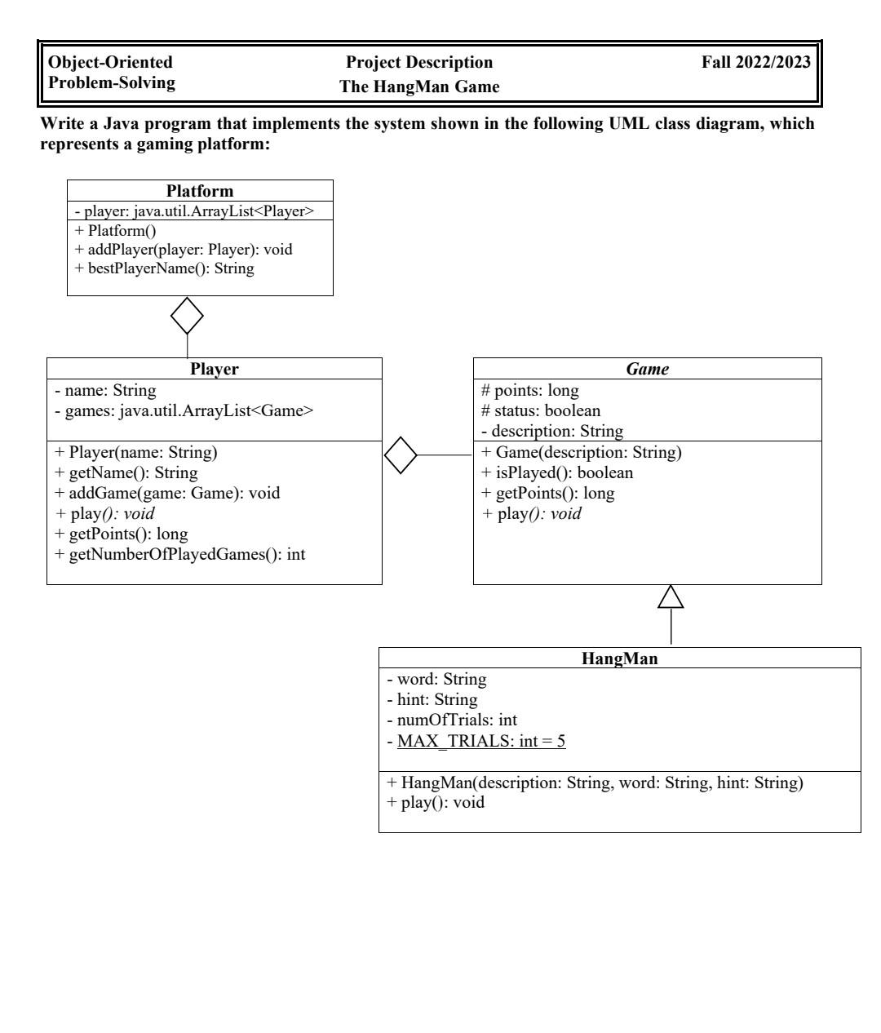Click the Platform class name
pos(200,191)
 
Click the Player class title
pos(215,369)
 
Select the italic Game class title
pos(648,369)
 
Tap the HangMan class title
pos(620,659)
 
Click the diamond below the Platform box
pos(187,316)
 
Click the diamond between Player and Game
pos(401,455)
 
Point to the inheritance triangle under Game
pos(671,597)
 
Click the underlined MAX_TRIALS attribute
pos(481,741)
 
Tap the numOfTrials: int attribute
pos(452,720)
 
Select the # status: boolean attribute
pos(541,410)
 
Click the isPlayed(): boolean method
pos(557,472)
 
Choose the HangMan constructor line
pos(595,783)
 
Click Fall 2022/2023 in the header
pos(756,63)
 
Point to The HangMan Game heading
pos(419,86)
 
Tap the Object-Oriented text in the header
pos(111,63)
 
